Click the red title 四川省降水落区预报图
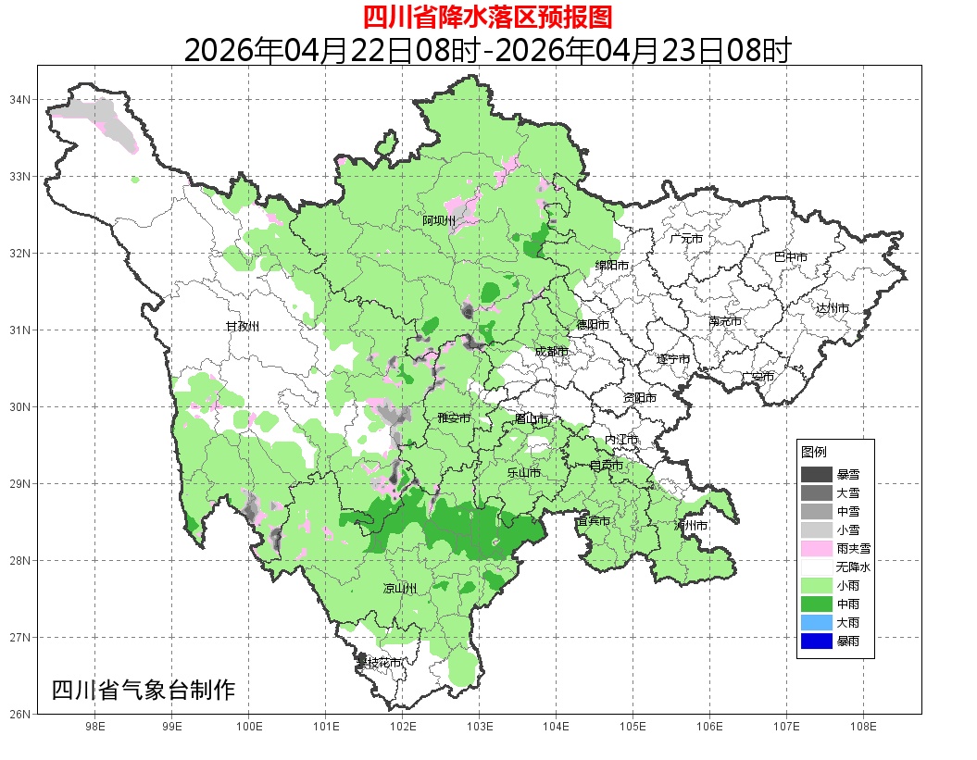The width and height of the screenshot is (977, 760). coord(487,17)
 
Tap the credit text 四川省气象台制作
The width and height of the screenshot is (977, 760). coord(144,691)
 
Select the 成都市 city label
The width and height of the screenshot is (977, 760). coord(551,352)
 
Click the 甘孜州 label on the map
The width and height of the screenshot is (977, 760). coord(244,327)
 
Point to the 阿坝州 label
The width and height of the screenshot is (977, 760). coord(439,220)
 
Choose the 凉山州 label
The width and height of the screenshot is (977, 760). coord(400,589)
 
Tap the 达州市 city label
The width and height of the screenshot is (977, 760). coord(833,307)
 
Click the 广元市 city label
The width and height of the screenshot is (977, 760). coord(686,239)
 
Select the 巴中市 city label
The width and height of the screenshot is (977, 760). coord(790,257)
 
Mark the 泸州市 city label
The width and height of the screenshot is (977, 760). coord(691,526)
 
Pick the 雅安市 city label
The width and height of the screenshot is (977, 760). coord(454,418)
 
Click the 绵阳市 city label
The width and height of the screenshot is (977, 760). coord(612,266)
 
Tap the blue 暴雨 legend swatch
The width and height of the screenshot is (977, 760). coord(817,641)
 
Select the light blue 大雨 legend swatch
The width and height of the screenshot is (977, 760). coord(817,622)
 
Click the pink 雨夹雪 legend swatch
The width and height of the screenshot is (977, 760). coord(817,548)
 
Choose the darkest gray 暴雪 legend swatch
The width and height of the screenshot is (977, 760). coord(817,474)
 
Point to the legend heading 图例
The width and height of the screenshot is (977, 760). coord(814,452)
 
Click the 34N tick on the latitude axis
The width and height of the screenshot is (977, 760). coord(20,99)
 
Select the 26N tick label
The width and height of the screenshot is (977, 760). coord(20,714)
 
